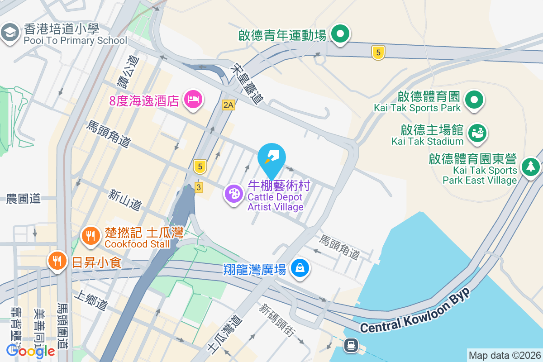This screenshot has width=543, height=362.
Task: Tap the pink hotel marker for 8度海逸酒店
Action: (x=193, y=99)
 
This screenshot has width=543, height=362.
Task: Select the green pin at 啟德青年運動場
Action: (x=340, y=34)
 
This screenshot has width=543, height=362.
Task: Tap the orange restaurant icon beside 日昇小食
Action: (x=57, y=261)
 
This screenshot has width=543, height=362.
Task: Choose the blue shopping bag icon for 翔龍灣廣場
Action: (x=300, y=268)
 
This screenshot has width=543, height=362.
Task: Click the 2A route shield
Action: (x=229, y=105)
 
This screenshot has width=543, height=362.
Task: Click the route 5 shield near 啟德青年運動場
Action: (x=378, y=52)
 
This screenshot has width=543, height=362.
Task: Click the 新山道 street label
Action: (x=125, y=200)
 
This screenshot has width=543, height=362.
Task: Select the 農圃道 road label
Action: (x=24, y=198)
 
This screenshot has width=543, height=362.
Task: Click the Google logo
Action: (x=31, y=351)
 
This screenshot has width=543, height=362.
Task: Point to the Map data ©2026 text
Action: (x=505, y=355)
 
